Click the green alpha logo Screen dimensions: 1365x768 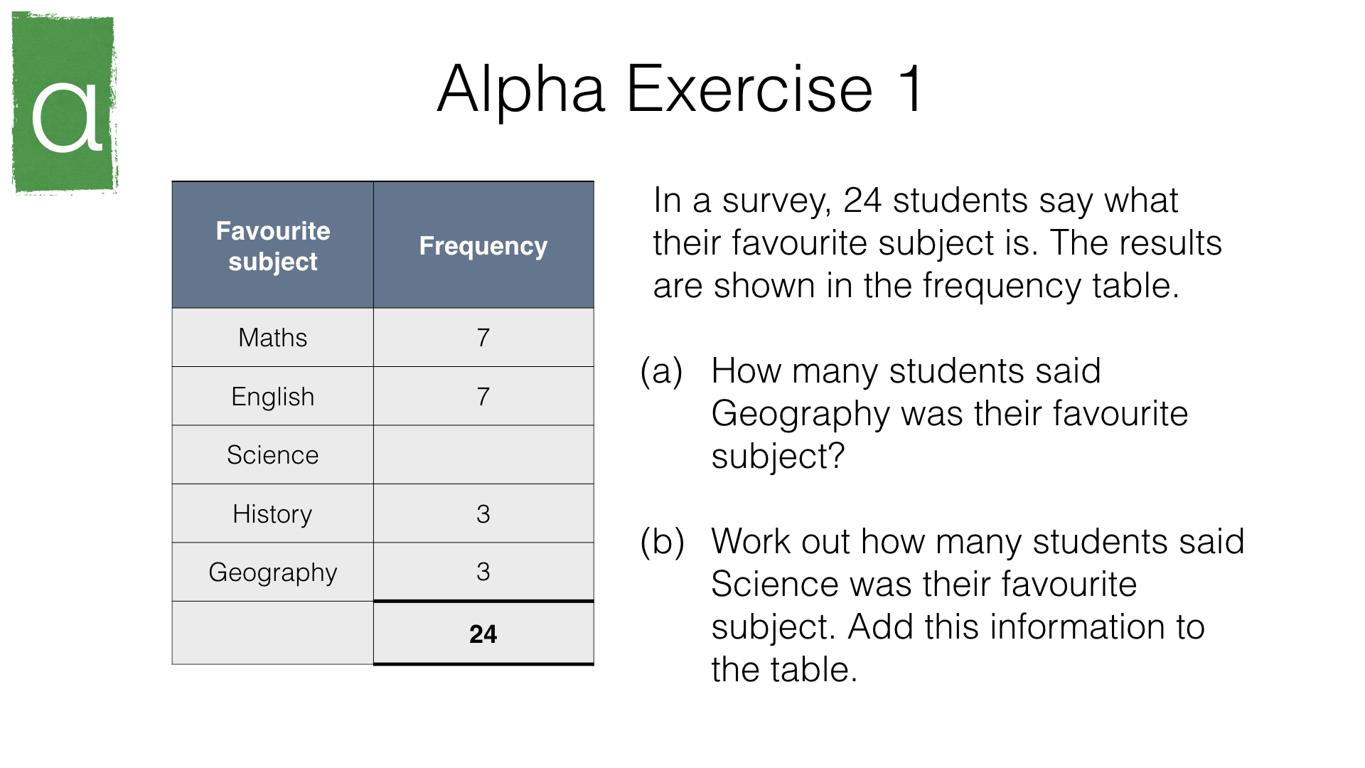coord(65,102)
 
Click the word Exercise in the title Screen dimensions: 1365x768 coord(749,89)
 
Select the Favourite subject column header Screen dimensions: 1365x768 coord(273,246)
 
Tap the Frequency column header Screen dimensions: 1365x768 coord(483,246)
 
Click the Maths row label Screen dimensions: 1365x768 coord(273,338)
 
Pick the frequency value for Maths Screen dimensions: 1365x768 coord(483,338)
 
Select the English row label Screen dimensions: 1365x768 coord(273,397)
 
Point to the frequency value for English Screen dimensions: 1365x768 coord(483,396)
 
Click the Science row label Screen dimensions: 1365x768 coord(273,455)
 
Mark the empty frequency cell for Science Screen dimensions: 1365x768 coord(483,455)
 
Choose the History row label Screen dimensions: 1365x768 coord(273,514)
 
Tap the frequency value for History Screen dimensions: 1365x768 coord(483,514)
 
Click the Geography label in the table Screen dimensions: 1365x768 coord(273,572)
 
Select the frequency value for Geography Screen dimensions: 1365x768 coord(483,572)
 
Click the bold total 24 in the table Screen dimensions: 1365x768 coord(483,634)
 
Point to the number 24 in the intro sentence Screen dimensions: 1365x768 coord(862,201)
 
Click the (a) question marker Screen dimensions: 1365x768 coord(662,371)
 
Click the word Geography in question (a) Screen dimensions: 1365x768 coord(801,415)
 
